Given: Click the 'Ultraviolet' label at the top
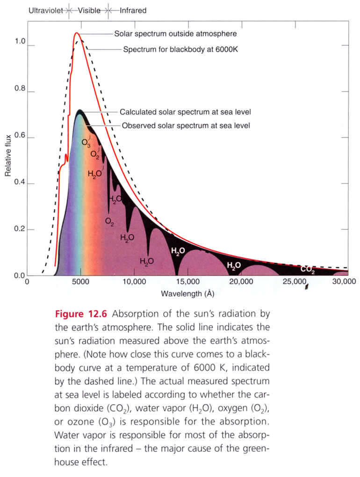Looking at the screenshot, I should [x=47, y=10].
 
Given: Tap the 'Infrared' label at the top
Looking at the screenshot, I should [x=133, y=10].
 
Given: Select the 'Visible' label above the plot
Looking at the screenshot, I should [x=89, y=10].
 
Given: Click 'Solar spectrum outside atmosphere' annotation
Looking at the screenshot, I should [x=175, y=34].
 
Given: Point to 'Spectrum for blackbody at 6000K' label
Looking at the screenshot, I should [x=180, y=49].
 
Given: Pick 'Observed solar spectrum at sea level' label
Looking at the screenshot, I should [x=186, y=126].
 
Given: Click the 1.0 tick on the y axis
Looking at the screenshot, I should [x=20, y=42].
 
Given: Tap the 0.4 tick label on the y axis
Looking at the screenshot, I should [x=20, y=184].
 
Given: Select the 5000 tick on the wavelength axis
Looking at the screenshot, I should [x=80, y=282].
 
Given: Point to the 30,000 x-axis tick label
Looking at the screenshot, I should [x=343, y=282].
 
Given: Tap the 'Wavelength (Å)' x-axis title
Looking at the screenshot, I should [x=188, y=294].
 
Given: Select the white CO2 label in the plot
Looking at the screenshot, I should [x=307, y=269].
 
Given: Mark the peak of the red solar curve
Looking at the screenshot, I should [x=77, y=33].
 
